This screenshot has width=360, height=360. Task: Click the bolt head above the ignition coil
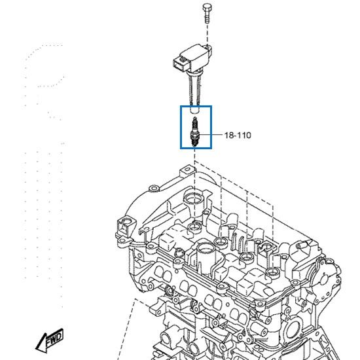coord(207,7)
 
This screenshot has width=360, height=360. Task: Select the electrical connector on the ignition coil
coord(181,64)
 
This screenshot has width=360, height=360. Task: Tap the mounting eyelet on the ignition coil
coord(209,48)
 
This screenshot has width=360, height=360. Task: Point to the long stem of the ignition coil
coord(194,91)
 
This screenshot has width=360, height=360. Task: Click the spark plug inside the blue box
coord(194,132)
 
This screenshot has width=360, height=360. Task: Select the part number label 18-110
coord(238,135)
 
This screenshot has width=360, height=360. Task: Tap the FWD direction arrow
coord(50,340)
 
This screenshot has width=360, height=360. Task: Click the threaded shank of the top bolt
coord(207,17)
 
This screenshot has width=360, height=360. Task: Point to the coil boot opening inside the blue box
coord(194,110)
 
